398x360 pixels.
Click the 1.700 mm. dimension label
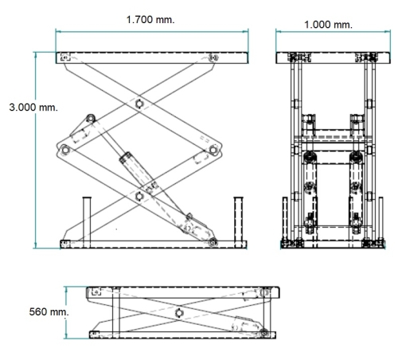point(150,20)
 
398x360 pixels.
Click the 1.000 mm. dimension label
point(328,25)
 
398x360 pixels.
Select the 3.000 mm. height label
point(33,108)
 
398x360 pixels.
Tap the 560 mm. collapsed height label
point(49,311)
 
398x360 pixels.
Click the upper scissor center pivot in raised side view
point(139,104)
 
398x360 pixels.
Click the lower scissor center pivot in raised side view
point(139,197)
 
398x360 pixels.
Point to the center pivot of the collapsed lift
point(179,313)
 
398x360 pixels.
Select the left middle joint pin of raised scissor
point(65,150)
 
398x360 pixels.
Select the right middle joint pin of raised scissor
point(213,150)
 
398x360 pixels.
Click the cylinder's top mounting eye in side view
point(91,118)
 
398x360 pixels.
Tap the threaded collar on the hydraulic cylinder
point(125,158)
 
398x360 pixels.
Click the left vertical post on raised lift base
point(87,222)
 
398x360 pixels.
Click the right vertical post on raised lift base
point(238,222)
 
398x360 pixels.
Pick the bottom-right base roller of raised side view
point(213,242)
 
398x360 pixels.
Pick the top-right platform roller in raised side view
point(213,57)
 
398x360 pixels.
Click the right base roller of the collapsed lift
point(263,333)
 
